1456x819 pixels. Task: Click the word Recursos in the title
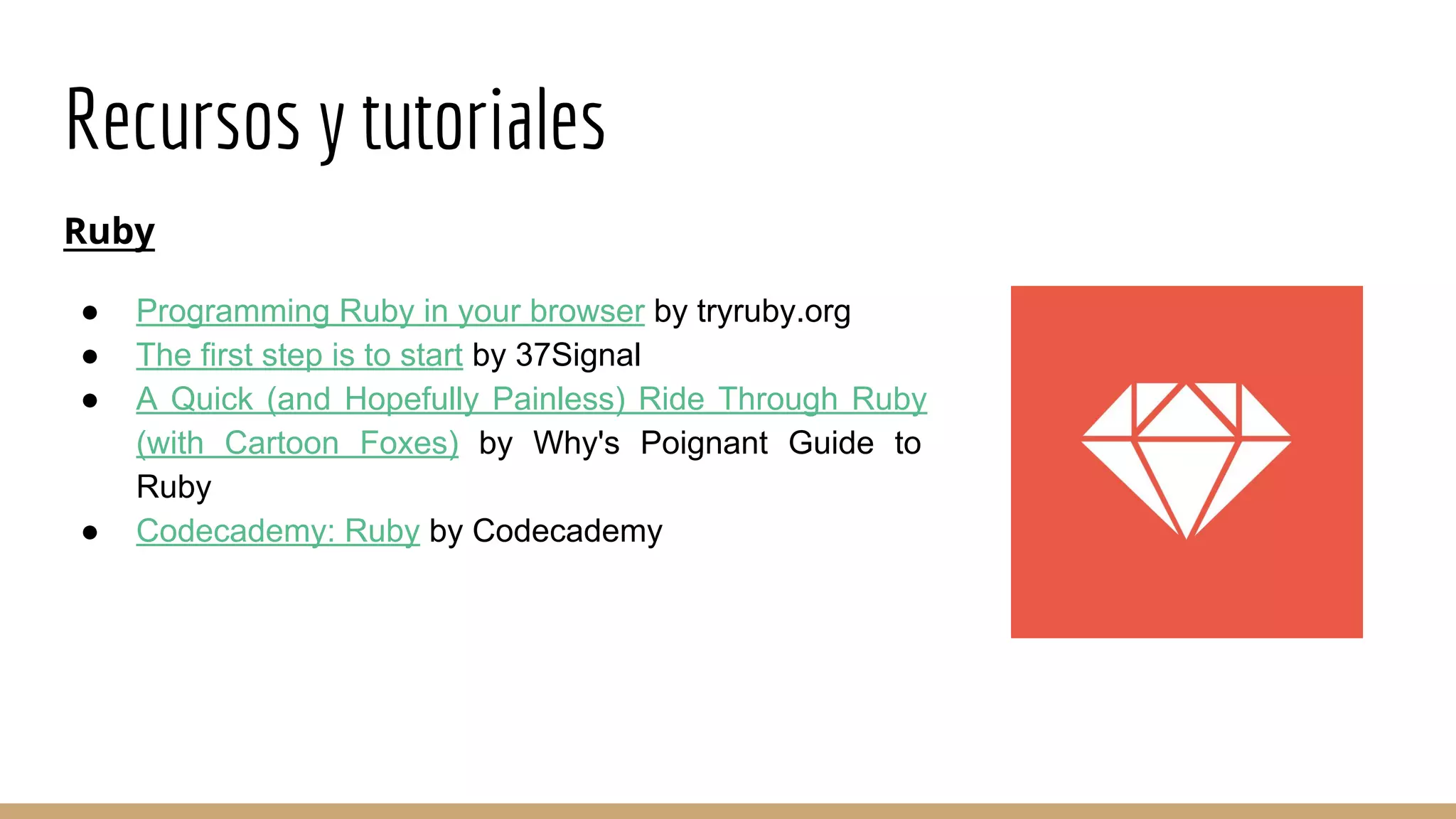tap(183, 119)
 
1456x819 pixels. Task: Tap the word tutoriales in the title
tap(483, 119)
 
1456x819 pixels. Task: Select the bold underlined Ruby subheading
tap(109, 231)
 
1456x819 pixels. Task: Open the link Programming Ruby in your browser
tap(390, 311)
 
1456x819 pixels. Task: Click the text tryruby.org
tap(773, 311)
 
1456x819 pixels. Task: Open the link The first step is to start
tap(299, 355)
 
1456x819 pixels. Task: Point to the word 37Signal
tap(578, 355)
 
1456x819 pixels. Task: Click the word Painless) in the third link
tap(559, 400)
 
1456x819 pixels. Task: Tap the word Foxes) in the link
tap(409, 444)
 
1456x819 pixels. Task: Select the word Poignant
tap(704, 444)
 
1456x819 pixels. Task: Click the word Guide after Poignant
tap(831, 444)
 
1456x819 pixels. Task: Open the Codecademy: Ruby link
tap(278, 531)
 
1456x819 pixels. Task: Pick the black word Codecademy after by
tap(567, 531)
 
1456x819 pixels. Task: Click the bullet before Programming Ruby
tap(90, 312)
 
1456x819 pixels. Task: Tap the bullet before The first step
tap(90, 356)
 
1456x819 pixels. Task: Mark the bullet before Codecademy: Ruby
tap(90, 532)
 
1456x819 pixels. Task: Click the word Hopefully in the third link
tap(411, 400)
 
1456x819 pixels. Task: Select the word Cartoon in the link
tap(282, 444)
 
